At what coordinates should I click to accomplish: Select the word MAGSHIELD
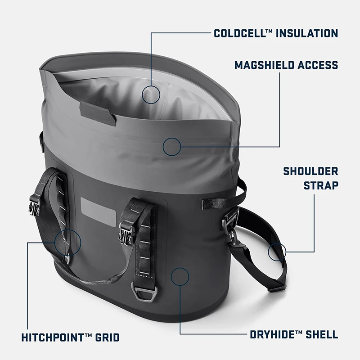261,65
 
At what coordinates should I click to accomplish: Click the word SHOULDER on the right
310,171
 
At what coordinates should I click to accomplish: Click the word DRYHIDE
272,334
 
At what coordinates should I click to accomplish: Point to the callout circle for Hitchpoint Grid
68,242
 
